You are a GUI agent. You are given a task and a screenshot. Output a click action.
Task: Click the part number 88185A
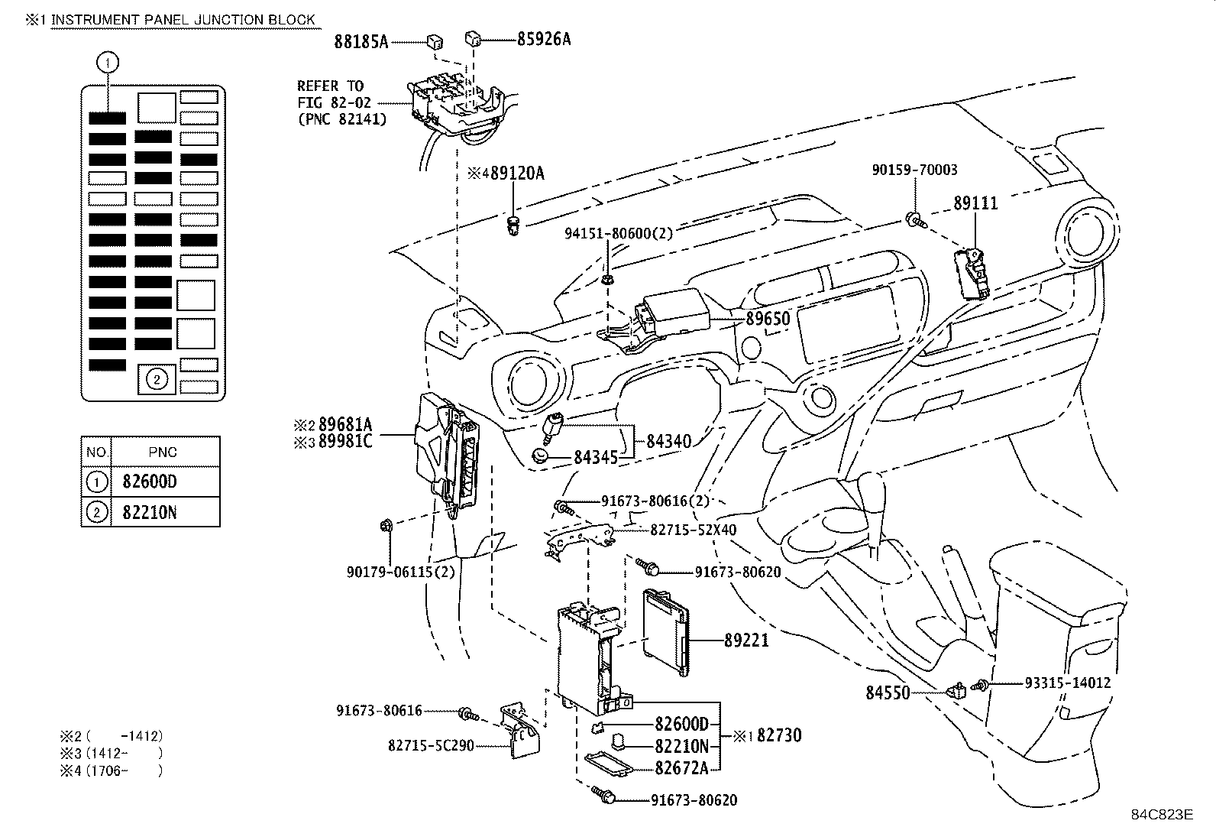coord(361,41)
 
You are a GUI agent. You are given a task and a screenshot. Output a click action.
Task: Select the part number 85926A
coord(543,38)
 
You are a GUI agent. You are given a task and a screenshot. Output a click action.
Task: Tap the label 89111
coord(975,203)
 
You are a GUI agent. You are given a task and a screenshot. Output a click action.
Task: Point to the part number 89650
coord(767,319)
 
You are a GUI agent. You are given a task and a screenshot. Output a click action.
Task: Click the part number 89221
coord(746,640)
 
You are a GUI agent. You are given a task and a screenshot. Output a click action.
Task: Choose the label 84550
coord(888,692)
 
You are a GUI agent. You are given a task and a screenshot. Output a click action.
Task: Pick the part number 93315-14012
coord(1067,683)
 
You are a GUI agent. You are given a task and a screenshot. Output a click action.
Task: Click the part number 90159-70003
coord(914,170)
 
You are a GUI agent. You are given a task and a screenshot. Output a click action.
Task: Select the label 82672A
coord(681,767)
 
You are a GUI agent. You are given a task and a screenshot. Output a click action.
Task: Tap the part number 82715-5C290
coord(432,744)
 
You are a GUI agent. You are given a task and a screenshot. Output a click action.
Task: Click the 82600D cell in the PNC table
coord(149,482)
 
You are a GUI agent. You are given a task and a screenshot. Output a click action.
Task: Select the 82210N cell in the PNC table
coord(149,512)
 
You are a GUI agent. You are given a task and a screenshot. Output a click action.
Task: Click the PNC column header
coord(163,452)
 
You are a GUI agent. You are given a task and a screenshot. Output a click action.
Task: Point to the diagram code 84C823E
coord(1161,813)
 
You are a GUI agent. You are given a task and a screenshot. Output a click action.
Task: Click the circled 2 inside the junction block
coord(157,378)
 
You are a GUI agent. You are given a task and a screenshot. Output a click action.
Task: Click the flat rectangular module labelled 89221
coord(664,623)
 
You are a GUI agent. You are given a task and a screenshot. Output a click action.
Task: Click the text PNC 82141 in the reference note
coord(341,118)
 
